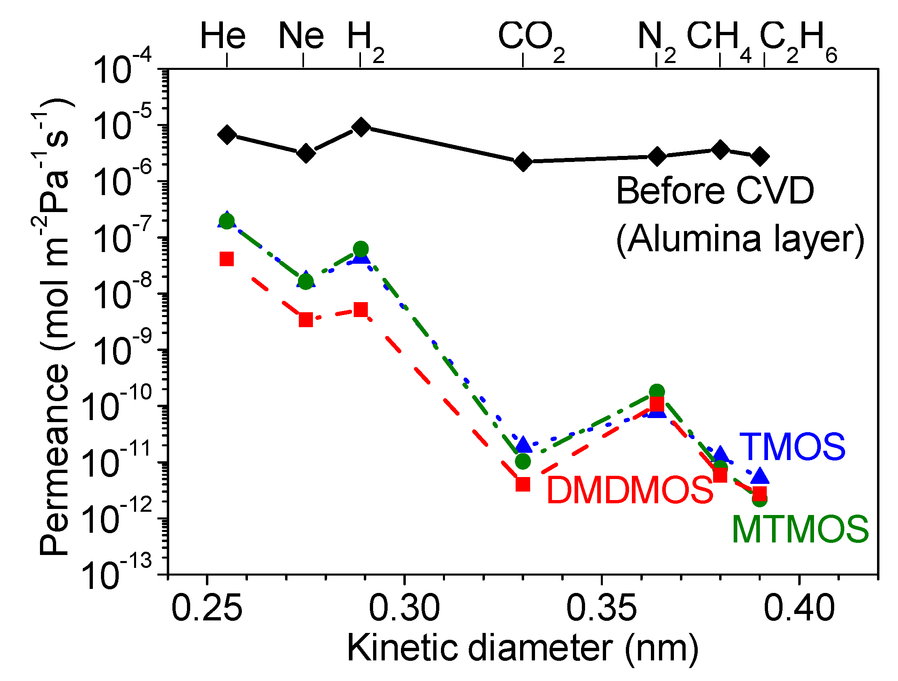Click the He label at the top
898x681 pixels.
[223, 36]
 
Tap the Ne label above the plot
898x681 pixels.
[301, 36]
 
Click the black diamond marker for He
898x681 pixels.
[227, 135]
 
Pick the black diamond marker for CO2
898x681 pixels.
[523, 162]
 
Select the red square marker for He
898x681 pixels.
[227, 259]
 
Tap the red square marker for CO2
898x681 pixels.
[523, 484]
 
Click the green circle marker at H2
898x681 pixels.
[361, 248]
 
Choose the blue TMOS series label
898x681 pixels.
[792, 447]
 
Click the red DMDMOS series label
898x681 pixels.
[629, 490]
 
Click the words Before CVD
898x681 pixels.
[715, 191]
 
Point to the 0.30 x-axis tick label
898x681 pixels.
[404, 608]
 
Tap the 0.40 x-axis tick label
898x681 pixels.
[799, 608]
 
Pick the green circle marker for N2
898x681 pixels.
[657, 392]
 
